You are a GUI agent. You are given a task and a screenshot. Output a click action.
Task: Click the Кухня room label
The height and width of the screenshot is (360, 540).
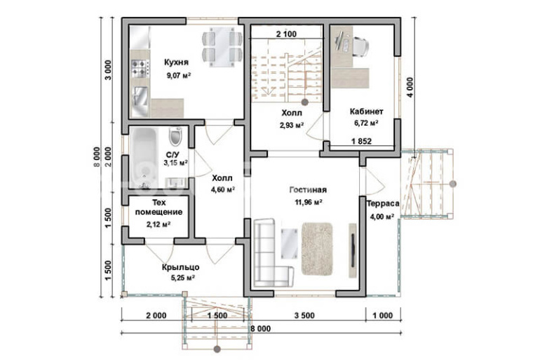(176, 62)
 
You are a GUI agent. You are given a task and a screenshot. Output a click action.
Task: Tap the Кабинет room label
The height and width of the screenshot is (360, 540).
(366, 112)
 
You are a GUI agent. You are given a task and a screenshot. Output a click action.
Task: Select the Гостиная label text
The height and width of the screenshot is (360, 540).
(308, 189)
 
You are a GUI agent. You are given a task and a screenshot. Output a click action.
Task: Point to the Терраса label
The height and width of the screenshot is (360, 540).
(383, 204)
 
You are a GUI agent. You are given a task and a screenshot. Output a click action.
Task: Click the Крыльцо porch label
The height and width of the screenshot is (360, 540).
(180, 267)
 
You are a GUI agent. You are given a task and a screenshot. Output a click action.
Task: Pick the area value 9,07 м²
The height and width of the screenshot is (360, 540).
(179, 76)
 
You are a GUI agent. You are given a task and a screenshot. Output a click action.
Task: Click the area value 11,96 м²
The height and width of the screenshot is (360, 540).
(309, 202)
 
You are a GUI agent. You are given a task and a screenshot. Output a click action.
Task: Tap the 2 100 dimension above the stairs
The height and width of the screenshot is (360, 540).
(286, 34)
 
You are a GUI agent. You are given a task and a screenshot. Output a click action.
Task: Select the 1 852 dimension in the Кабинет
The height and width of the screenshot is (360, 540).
(362, 141)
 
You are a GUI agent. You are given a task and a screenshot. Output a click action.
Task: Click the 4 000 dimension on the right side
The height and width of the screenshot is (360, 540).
(410, 87)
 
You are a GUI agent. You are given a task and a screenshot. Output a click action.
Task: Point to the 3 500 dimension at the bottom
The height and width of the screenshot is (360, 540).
(304, 316)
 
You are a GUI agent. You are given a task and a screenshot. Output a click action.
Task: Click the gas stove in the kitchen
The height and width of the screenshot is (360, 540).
(140, 68)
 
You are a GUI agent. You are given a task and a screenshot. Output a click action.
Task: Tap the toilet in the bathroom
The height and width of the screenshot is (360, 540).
(175, 136)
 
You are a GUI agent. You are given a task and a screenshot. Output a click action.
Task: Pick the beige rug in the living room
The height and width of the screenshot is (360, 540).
(318, 248)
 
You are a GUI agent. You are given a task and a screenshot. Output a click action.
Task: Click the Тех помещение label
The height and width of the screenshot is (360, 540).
(158, 208)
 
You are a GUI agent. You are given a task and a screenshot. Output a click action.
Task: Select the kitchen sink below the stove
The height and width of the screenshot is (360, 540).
(140, 97)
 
